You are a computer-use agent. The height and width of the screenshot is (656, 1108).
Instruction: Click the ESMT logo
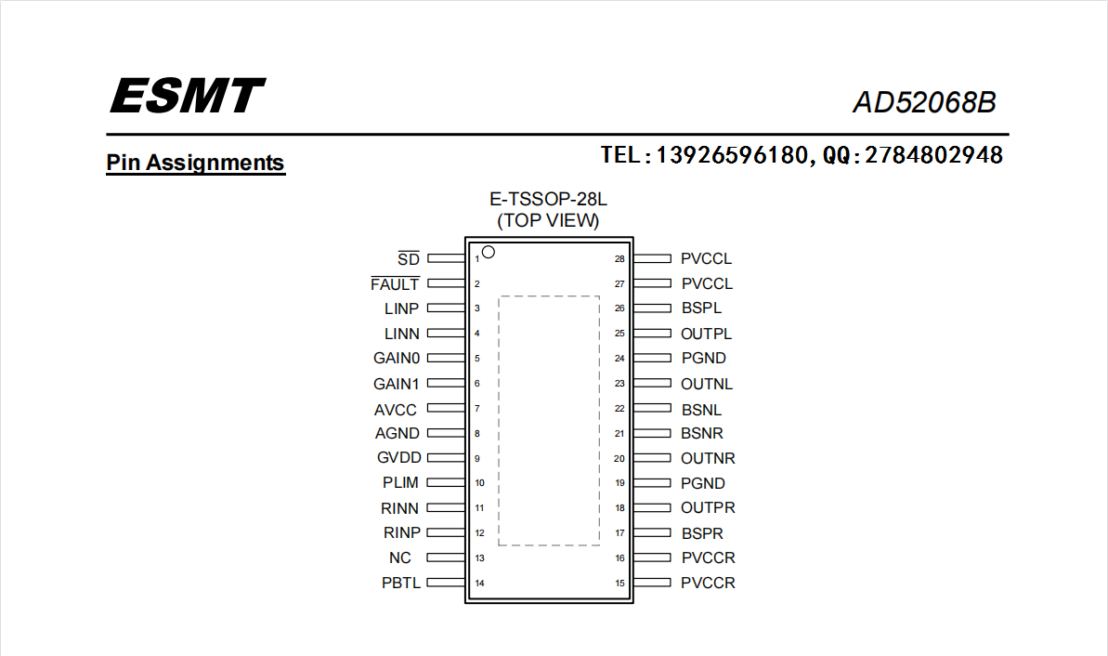click(188, 96)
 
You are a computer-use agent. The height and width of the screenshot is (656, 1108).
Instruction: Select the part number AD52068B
click(924, 102)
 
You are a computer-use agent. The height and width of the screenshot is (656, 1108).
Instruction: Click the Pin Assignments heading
click(195, 163)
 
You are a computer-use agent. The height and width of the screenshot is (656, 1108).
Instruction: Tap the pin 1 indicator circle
click(489, 252)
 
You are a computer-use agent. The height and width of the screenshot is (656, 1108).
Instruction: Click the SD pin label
click(409, 258)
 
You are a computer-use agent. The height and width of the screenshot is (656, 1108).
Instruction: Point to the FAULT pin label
click(395, 283)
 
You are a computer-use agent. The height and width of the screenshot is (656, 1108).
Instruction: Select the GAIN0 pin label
click(397, 359)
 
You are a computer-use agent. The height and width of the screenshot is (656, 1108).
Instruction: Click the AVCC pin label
click(396, 410)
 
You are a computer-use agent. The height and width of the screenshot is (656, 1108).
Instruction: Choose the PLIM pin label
click(400, 483)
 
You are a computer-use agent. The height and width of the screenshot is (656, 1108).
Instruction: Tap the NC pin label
click(400, 558)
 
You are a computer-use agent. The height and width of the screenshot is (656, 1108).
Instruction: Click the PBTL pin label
click(400, 584)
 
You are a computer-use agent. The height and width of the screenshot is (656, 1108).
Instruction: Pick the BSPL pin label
click(702, 308)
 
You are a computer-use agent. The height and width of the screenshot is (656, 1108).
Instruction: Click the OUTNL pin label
click(707, 384)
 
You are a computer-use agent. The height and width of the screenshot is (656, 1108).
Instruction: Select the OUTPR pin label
click(708, 507)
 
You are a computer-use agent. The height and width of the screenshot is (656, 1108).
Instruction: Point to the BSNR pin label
click(702, 433)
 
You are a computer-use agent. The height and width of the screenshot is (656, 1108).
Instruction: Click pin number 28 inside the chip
click(619, 258)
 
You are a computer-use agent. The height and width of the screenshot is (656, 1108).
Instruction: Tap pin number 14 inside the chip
click(480, 584)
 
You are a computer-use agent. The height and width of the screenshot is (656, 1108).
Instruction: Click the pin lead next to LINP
click(446, 308)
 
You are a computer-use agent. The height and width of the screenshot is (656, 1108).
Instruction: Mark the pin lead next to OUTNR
click(652, 458)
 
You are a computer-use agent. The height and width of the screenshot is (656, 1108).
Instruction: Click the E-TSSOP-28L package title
click(548, 200)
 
